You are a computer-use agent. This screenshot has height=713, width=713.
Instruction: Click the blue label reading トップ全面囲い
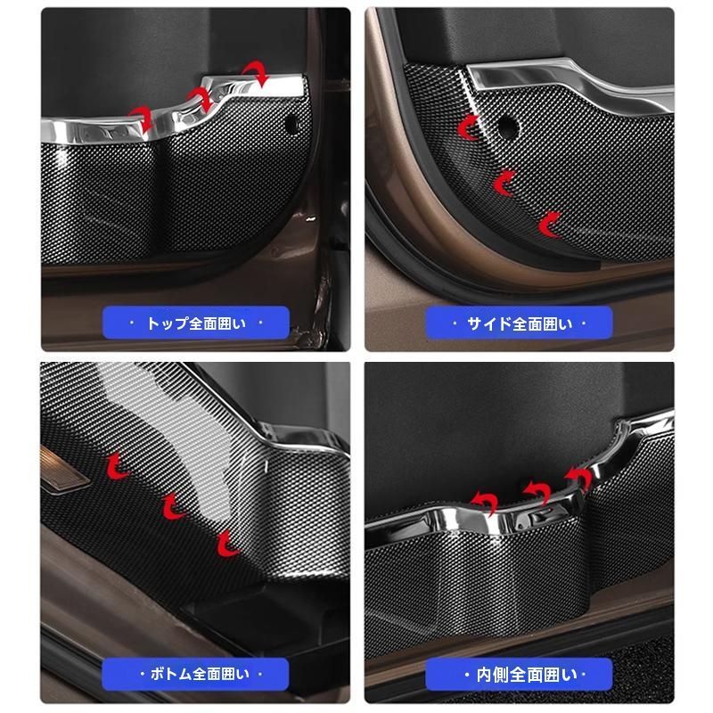tap(195, 323)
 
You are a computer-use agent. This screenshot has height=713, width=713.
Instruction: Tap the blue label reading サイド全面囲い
tap(519, 323)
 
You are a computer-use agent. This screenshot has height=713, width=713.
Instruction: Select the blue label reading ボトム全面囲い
tap(195, 674)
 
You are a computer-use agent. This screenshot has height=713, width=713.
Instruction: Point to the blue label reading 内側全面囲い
tap(519, 674)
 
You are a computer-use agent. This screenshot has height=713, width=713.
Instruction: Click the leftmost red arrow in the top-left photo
tap(142, 116)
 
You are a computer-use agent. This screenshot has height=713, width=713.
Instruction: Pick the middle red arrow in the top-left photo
tap(202, 97)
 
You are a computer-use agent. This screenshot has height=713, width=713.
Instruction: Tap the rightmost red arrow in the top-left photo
tap(257, 72)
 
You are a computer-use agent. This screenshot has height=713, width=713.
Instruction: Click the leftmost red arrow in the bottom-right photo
tap(486, 500)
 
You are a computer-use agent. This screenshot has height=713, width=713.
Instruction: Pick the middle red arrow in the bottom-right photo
tap(538, 490)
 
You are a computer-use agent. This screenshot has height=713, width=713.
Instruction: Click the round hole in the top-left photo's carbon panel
tap(291, 125)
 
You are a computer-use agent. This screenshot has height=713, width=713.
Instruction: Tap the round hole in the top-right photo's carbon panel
tap(505, 127)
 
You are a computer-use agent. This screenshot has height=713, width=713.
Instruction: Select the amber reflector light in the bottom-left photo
tap(62, 470)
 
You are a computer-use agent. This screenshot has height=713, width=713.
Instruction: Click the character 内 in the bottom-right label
tap(484, 674)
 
